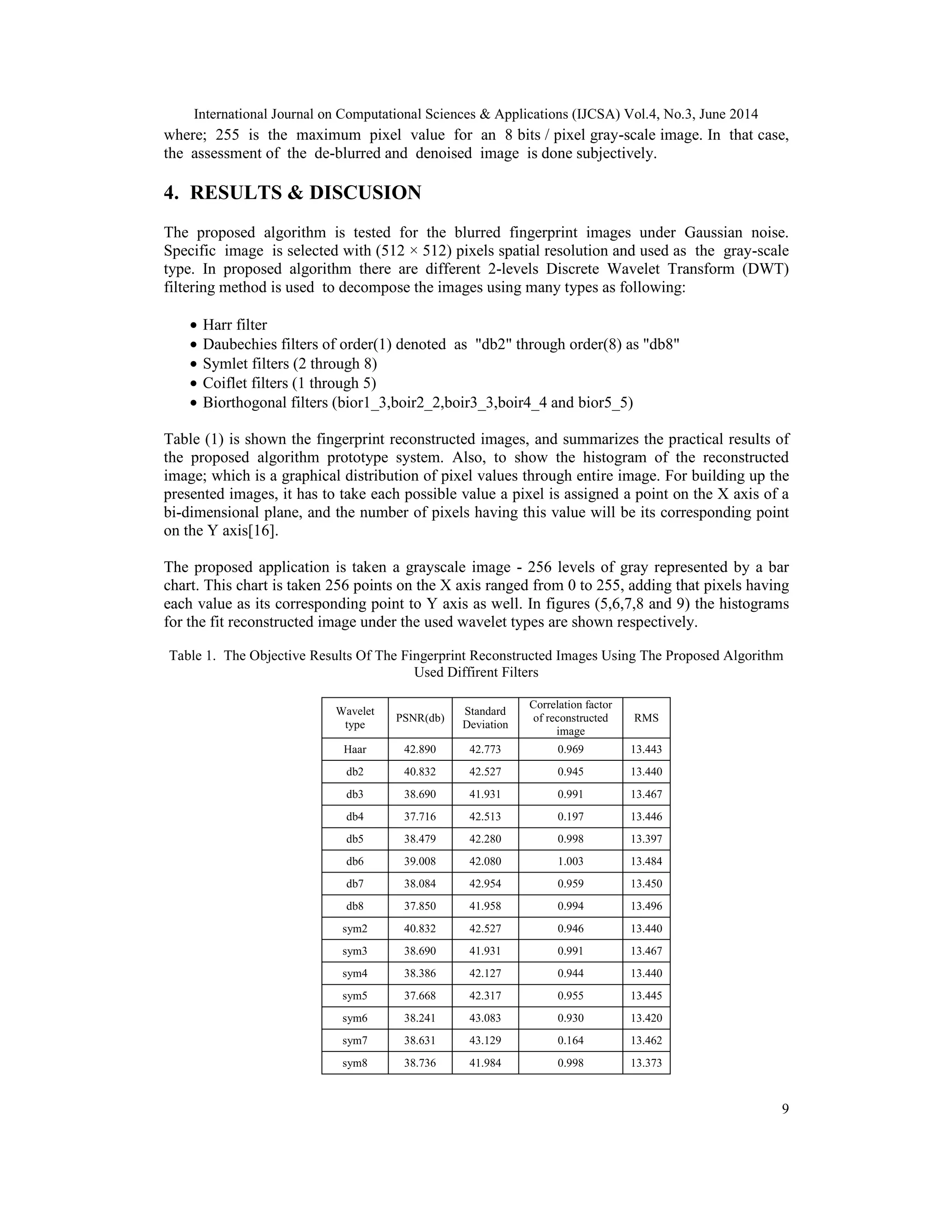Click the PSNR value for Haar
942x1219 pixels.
419,749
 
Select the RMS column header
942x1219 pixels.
646,718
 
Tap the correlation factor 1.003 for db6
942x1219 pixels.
570,861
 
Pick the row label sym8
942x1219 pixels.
355,1063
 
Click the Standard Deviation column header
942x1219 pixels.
485,718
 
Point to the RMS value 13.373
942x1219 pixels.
646,1063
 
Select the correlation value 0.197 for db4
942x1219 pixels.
570,816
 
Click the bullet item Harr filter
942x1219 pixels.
235,325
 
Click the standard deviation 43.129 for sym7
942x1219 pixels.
485,1041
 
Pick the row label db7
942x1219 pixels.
355,884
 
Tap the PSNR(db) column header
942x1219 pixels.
419,718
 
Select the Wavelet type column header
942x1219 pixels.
355,718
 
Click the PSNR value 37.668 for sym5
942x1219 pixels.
419,996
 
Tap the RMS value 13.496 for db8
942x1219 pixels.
646,906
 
